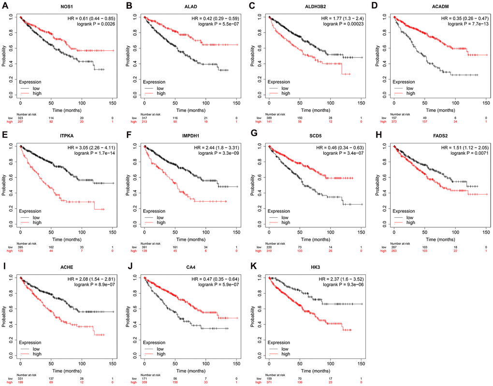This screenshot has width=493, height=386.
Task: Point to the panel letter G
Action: coord(254,138)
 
